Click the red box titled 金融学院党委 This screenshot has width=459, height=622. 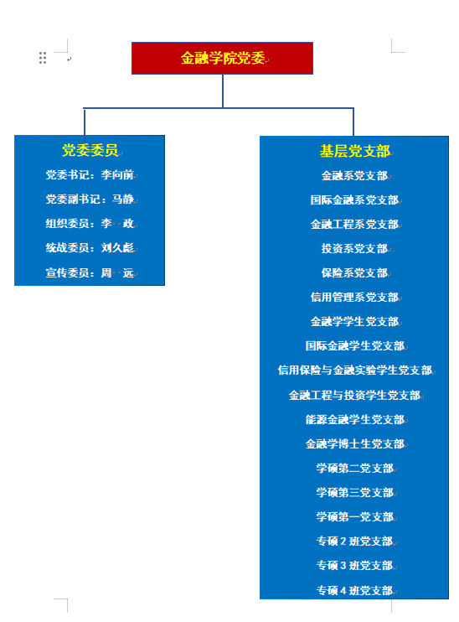222,59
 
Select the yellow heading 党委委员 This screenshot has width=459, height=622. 90,150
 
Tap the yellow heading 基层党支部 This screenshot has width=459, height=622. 355,151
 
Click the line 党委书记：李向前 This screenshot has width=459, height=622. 90,175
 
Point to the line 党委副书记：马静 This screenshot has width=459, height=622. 90,200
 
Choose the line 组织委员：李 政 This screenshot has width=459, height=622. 90,224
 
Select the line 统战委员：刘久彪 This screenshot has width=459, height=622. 90,248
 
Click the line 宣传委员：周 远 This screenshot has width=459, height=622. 90,273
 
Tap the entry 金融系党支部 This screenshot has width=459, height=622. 354,176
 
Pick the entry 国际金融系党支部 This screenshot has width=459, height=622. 354,200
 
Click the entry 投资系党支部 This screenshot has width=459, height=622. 354,249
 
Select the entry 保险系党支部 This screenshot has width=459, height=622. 354,273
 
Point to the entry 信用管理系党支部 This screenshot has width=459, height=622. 354,297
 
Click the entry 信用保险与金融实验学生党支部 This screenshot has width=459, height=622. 355,371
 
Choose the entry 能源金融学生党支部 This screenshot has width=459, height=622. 355,420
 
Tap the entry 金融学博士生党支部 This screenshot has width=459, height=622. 355,444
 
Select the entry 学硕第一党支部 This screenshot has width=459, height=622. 355,517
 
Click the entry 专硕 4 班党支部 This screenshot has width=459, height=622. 355,591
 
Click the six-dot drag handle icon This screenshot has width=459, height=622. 43,58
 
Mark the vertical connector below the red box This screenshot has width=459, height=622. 223,91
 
